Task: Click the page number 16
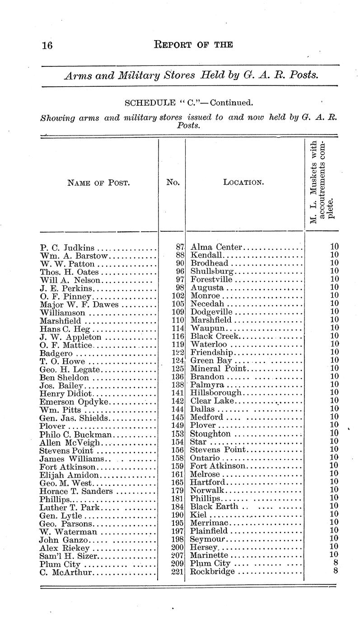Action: click(47, 45)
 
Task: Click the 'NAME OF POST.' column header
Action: click(98, 183)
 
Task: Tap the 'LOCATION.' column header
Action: click(243, 183)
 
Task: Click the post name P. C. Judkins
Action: click(67, 248)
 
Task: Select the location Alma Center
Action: click(217, 247)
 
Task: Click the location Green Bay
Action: click(211, 360)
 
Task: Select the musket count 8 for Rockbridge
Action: click(336, 572)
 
